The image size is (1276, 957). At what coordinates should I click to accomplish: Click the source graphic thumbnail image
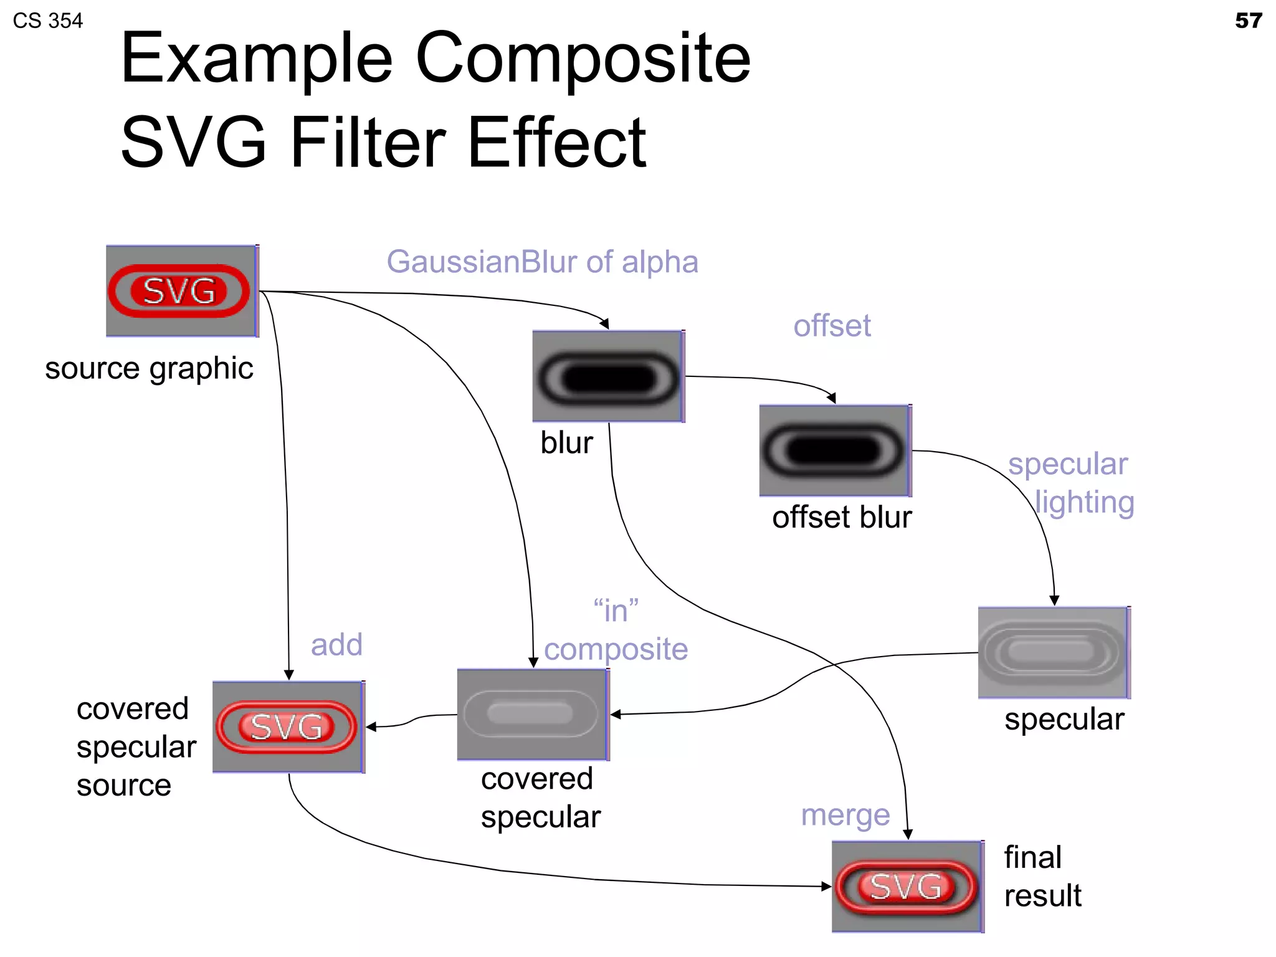(x=181, y=291)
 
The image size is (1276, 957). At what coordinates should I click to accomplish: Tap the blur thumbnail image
(x=608, y=376)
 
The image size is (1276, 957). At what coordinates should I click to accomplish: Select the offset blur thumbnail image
(x=835, y=450)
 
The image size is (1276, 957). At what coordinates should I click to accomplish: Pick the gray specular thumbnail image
(x=1054, y=652)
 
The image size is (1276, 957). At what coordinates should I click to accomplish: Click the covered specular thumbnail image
(x=533, y=715)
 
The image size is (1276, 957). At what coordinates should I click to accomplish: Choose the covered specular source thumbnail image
(x=288, y=727)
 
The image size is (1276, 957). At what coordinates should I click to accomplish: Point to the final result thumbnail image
(x=907, y=886)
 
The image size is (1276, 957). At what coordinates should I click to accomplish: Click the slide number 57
(x=1248, y=21)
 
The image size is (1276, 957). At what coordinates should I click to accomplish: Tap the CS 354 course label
(x=47, y=21)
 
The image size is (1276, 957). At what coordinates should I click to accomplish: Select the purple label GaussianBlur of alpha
(x=542, y=262)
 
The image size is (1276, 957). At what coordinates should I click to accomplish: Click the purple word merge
(x=845, y=815)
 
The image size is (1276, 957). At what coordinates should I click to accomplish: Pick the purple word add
(x=336, y=645)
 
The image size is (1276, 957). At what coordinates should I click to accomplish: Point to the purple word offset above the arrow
(x=832, y=326)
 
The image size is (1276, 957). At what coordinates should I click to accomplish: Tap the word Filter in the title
(x=368, y=143)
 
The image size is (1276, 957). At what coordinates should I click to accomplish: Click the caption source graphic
(x=149, y=368)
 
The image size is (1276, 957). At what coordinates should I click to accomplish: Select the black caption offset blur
(x=841, y=517)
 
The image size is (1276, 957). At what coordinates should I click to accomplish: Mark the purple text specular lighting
(x=1070, y=483)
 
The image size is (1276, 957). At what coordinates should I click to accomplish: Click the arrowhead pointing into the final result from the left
(x=826, y=886)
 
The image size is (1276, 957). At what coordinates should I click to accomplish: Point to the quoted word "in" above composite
(x=616, y=611)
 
